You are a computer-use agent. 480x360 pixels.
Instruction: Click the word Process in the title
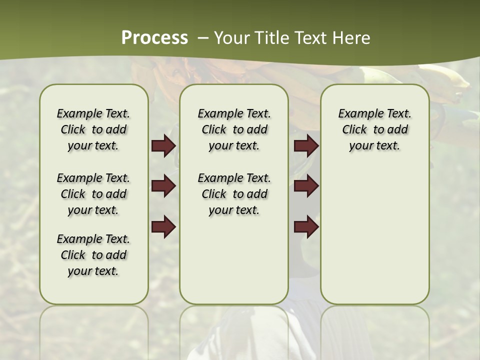[x=154, y=37]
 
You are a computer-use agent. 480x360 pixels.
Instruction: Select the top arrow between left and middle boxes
[x=163, y=146]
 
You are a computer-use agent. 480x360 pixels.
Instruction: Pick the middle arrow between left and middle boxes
[x=163, y=186]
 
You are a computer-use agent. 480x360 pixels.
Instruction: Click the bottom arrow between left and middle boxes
[x=163, y=227]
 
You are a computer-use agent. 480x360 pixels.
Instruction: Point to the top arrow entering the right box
[x=306, y=146]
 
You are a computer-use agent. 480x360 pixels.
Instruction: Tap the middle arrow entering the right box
[x=306, y=186]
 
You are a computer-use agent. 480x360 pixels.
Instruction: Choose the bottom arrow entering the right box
[x=306, y=227]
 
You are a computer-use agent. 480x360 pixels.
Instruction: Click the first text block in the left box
[x=93, y=129]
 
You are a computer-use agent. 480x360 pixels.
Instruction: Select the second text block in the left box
[x=93, y=194]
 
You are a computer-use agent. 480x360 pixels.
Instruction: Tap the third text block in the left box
[x=93, y=255]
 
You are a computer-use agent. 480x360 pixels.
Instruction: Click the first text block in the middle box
[x=234, y=129]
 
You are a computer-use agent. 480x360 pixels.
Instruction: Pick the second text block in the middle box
[x=234, y=194]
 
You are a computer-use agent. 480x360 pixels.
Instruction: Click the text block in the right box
[x=374, y=129]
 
